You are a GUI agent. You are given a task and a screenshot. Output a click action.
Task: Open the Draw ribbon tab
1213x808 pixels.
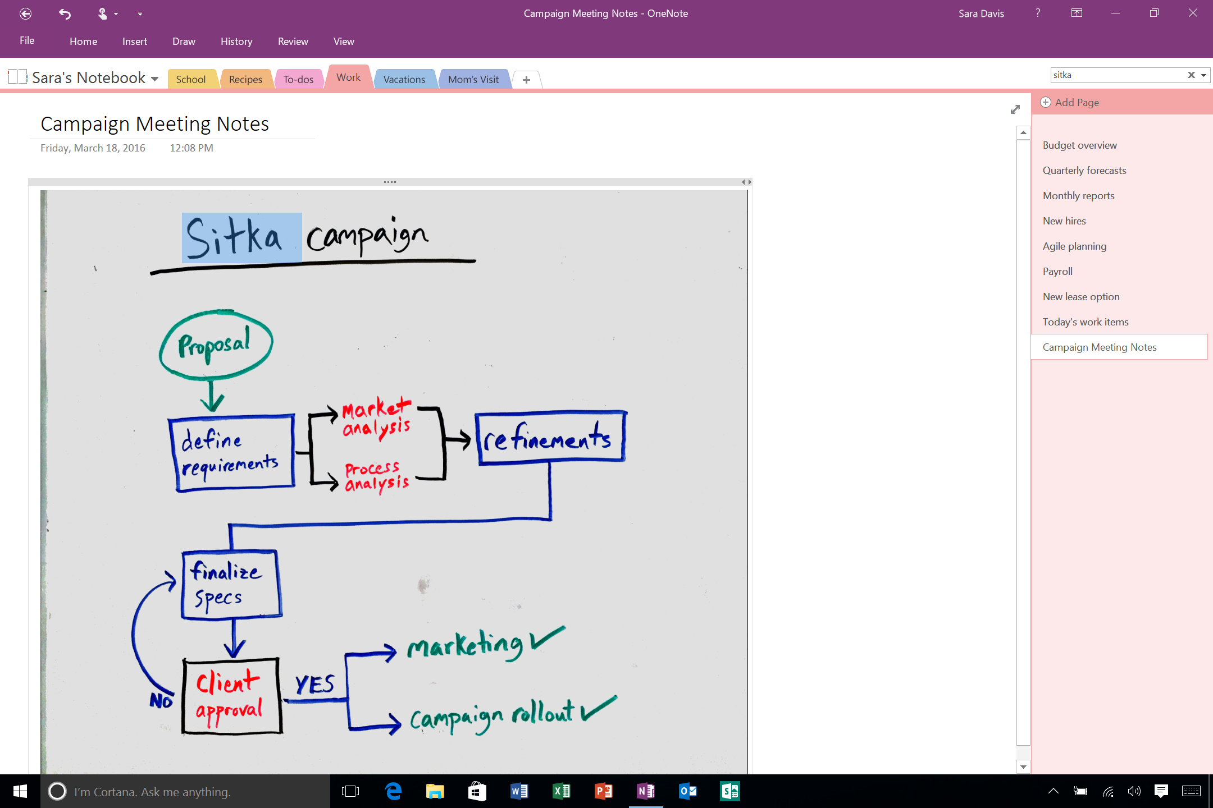point(184,42)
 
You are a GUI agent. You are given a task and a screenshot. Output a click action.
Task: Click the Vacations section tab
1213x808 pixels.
point(404,79)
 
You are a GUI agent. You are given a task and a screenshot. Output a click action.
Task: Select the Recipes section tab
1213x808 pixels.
point(245,79)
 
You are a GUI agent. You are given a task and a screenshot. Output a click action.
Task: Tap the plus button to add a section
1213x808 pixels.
point(526,80)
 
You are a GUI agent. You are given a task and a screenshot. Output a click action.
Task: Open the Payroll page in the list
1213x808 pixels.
point(1057,272)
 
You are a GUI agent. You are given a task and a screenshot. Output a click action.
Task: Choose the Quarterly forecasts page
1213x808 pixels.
point(1084,171)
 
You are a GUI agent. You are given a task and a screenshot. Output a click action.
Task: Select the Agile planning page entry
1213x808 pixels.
point(1074,246)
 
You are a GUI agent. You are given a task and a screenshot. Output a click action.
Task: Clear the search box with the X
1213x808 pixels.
point(1191,75)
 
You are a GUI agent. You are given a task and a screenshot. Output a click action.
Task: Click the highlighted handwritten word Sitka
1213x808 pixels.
point(235,238)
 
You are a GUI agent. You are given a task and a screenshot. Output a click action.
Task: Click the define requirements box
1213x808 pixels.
point(231,453)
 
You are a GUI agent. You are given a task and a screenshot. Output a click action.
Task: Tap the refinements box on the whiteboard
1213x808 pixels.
point(550,438)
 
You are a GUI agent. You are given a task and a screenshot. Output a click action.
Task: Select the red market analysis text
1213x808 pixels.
point(376,417)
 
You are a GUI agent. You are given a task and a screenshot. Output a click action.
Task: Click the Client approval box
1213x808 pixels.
point(231,696)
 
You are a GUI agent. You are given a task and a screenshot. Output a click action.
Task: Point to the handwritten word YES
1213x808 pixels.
point(314,685)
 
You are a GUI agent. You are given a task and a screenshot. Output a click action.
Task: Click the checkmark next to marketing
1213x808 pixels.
point(547,639)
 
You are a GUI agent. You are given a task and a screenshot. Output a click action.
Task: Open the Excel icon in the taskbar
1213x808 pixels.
point(562,791)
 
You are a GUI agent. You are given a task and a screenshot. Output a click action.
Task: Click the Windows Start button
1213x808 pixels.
point(20,791)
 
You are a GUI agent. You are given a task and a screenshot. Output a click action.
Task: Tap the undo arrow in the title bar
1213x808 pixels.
point(65,13)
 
